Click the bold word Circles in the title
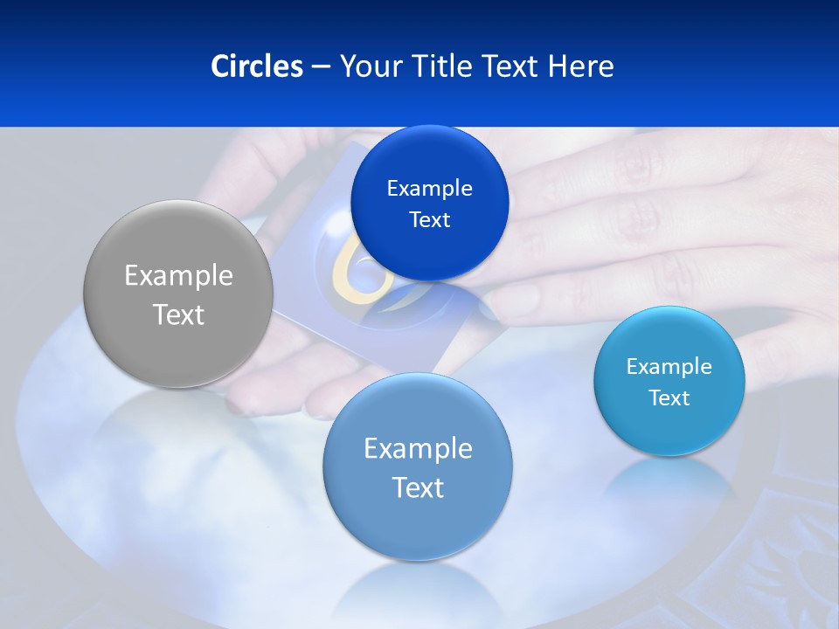[x=256, y=66]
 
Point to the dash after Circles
[x=321, y=67]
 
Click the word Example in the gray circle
[x=178, y=276]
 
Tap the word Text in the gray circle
[x=178, y=315]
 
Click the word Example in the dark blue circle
[x=429, y=189]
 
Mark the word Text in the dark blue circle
[x=429, y=220]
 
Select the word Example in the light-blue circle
[x=669, y=367]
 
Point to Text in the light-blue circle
[x=669, y=398]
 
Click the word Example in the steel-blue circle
[x=418, y=449]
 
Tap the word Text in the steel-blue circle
[x=418, y=487]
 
